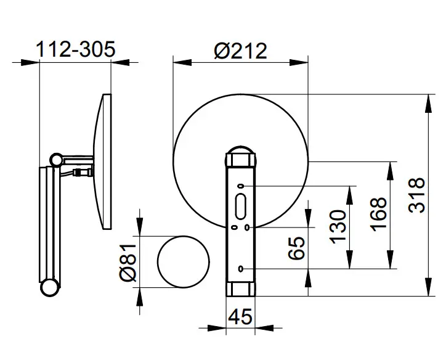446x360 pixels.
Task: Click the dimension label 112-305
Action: pyautogui.click(x=76, y=49)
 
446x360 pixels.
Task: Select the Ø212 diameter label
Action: pyautogui.click(x=241, y=51)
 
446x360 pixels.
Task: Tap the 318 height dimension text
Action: pyautogui.click(x=416, y=195)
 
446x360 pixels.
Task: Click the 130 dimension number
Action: pyautogui.click(x=338, y=227)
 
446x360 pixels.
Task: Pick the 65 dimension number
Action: pyautogui.click(x=296, y=248)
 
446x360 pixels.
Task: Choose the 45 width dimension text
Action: pyautogui.click(x=240, y=316)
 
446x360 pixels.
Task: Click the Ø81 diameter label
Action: pyautogui.click(x=128, y=262)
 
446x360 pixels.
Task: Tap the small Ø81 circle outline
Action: pyautogui.click(x=158, y=262)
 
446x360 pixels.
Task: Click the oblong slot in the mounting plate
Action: pyautogui.click(x=241, y=207)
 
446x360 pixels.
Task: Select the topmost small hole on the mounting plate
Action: pyautogui.click(x=241, y=186)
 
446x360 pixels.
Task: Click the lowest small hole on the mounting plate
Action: pyautogui.click(x=241, y=269)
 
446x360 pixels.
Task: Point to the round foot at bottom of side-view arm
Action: pyautogui.click(x=50, y=287)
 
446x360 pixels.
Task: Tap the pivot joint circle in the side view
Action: pyautogui.click(x=57, y=160)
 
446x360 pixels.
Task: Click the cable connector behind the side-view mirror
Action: pyautogui.click(x=83, y=172)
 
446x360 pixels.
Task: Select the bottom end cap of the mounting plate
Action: pyautogui.click(x=241, y=289)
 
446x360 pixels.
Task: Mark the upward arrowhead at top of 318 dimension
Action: pyautogui.click(x=428, y=104)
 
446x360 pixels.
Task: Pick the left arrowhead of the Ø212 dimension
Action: pyautogui.click(x=182, y=62)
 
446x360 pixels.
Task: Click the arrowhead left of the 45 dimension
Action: pyautogui.click(x=217, y=328)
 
